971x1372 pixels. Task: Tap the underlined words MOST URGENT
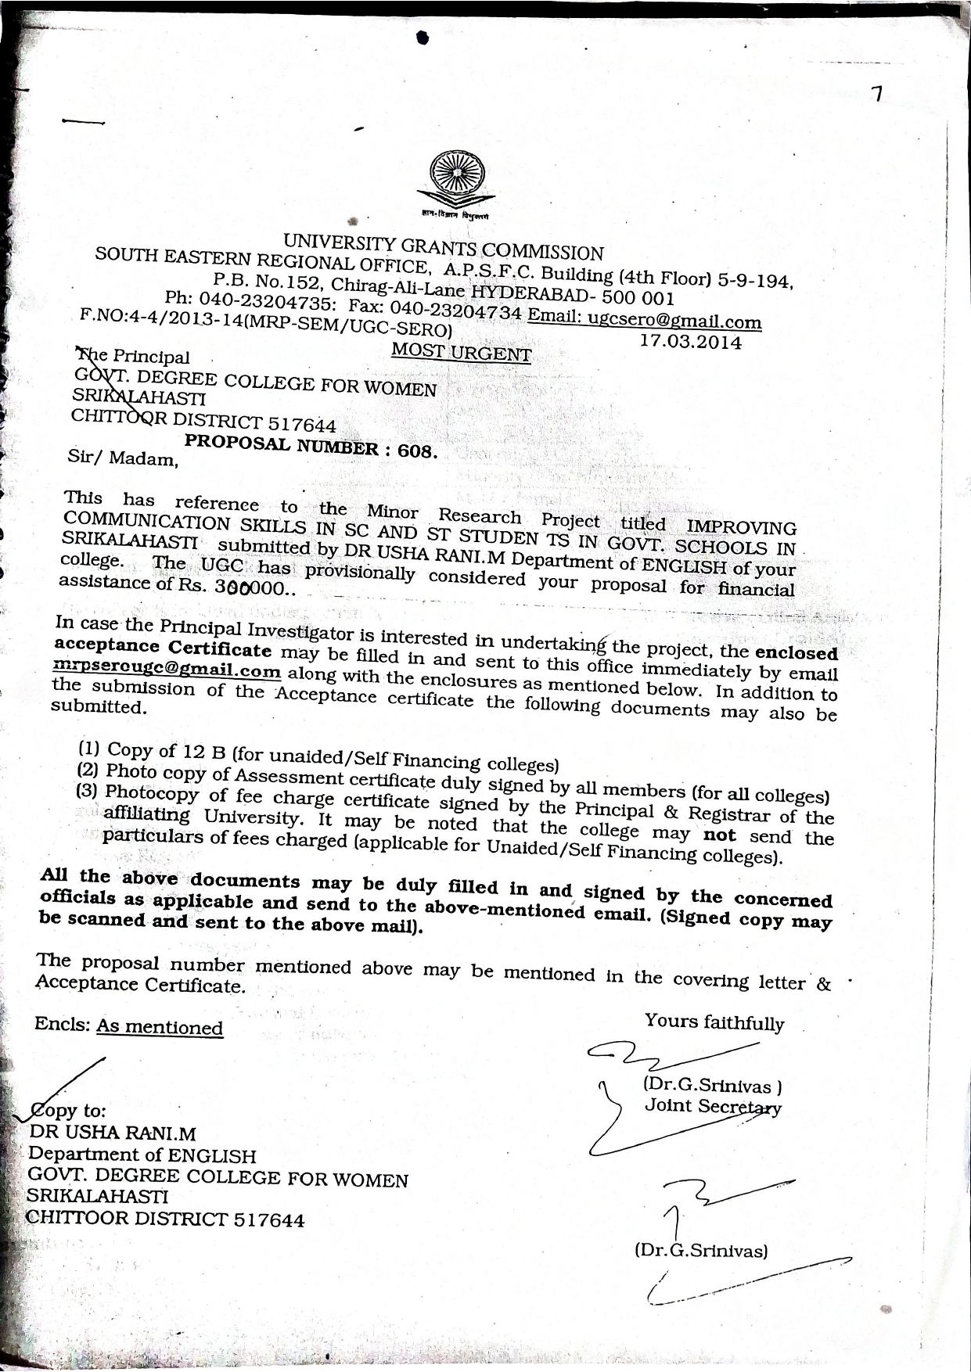461,352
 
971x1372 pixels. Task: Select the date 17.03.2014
690,341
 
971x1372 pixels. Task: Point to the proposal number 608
417,451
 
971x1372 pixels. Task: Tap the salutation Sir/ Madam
123,458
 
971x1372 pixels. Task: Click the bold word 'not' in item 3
719,835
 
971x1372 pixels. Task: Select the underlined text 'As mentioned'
160,1027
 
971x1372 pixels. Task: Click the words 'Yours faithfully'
714,1022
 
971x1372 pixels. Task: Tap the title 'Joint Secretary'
712,1106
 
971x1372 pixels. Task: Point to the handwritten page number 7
877,95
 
